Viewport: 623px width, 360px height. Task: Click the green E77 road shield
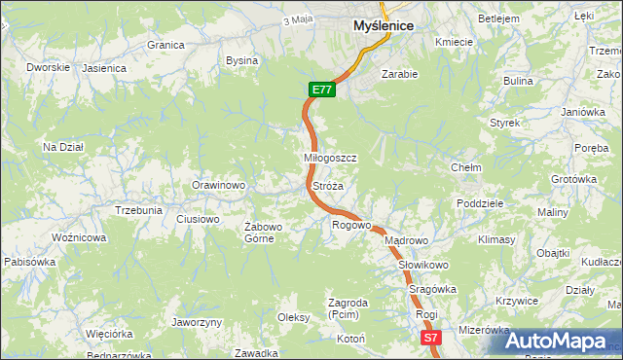tap(323, 90)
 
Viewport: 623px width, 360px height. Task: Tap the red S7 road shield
tap(431, 338)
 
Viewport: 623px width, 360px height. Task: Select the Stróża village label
tap(327, 185)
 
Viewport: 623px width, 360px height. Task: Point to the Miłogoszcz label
tap(331, 158)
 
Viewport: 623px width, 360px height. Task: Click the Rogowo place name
tap(351, 225)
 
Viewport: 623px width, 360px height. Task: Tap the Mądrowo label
tap(406, 240)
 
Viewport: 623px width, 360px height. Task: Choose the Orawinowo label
tap(218, 185)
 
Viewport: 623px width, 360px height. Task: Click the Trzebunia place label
tap(138, 210)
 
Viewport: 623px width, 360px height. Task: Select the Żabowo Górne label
tap(263, 233)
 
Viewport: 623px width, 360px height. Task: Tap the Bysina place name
tap(241, 60)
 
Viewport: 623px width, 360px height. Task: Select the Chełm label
tap(466, 167)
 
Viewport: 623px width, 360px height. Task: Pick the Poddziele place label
tap(479, 203)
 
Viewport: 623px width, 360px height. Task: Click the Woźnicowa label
tap(79, 237)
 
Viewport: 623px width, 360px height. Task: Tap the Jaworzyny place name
tap(197, 322)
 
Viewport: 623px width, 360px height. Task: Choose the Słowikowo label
tap(422, 265)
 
